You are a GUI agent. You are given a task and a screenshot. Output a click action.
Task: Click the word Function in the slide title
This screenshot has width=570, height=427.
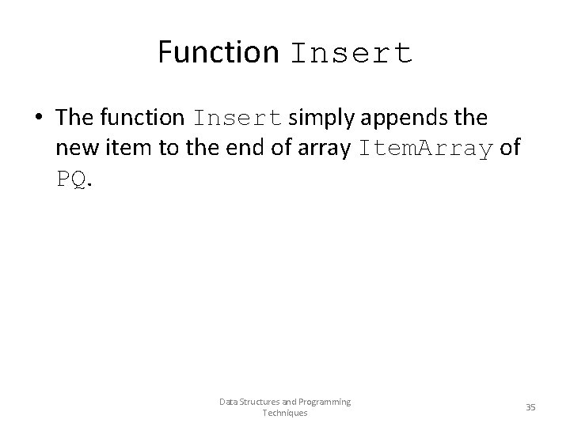click(x=218, y=52)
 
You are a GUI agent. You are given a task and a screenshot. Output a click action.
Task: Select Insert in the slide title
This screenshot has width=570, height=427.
click(x=351, y=53)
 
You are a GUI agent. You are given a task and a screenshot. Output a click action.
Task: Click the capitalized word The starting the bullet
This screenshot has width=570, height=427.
click(x=75, y=118)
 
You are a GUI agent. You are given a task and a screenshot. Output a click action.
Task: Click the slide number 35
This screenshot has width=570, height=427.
click(x=530, y=406)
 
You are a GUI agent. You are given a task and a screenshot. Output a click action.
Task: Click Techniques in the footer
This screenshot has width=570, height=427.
click(x=285, y=413)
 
